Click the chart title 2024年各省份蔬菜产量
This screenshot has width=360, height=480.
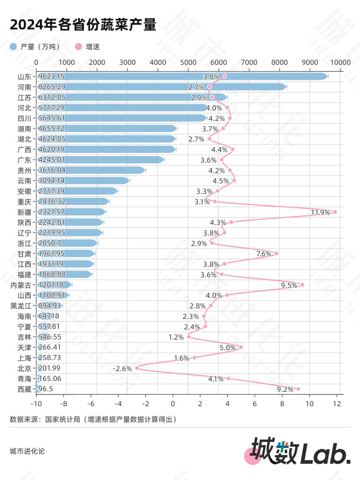[x=83, y=25]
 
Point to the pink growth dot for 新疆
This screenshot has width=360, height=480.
[x=335, y=212]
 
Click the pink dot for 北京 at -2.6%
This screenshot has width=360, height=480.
[x=137, y=368]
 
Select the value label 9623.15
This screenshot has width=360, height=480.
[x=51, y=76]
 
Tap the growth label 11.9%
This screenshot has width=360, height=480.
[x=320, y=213]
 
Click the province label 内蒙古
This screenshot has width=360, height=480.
[x=21, y=285]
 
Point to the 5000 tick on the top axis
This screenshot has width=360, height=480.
[x=188, y=63]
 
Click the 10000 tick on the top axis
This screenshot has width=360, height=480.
[x=340, y=63]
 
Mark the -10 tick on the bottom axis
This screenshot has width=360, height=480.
[x=36, y=404]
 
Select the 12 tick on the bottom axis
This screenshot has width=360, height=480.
[x=337, y=404]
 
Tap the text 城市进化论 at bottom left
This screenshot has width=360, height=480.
[x=27, y=451]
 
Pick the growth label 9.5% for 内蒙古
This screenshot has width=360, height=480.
[x=289, y=285]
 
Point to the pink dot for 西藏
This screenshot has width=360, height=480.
[x=298, y=389]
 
